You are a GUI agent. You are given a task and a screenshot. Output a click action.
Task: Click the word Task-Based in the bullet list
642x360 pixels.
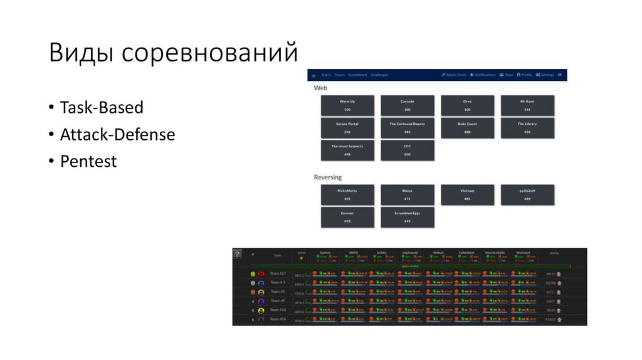point(102,107)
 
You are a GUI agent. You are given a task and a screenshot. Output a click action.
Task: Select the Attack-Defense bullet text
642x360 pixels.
point(117,134)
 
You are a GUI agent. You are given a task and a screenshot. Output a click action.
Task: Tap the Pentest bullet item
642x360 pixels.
point(88,161)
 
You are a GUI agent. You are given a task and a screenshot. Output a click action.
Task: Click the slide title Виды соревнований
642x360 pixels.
point(173,53)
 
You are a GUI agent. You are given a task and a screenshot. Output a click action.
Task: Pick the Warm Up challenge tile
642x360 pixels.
point(347,105)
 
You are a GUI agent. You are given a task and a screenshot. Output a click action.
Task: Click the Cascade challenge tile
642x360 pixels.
point(407,105)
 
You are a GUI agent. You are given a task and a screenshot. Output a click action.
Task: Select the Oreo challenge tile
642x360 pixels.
point(467,105)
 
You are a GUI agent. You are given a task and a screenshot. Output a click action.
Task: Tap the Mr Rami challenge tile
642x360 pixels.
point(527,105)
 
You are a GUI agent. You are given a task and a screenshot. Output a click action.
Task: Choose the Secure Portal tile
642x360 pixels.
point(347,128)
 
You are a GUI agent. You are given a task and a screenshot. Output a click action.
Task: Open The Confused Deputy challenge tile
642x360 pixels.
point(407,128)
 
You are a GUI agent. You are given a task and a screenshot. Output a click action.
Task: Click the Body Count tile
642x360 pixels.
point(467,128)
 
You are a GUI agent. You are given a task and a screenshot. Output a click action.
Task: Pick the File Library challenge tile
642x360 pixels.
point(527,128)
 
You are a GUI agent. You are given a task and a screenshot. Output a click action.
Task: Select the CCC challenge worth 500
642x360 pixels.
point(407,150)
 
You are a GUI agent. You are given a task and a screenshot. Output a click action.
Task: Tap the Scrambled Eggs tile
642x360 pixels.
point(407,217)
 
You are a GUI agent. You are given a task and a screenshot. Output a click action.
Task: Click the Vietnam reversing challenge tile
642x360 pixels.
point(467,194)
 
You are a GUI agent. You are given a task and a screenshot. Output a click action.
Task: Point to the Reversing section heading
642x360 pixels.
point(327,177)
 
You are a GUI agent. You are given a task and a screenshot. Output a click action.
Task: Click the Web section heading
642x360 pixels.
point(320,88)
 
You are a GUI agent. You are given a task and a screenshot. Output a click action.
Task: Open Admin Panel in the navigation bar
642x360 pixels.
point(454,75)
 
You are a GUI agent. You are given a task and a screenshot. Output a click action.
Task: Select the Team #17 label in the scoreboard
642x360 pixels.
point(277,273)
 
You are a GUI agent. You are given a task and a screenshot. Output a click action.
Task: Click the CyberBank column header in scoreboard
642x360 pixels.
point(467,252)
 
